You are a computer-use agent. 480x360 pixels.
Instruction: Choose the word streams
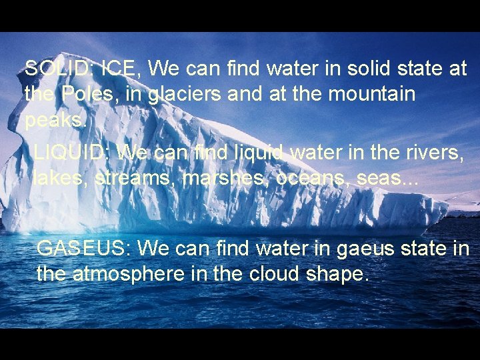tap(135, 179)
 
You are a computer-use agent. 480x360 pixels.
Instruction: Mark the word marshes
tap(226, 179)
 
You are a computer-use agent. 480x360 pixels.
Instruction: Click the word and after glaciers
tap(245, 94)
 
